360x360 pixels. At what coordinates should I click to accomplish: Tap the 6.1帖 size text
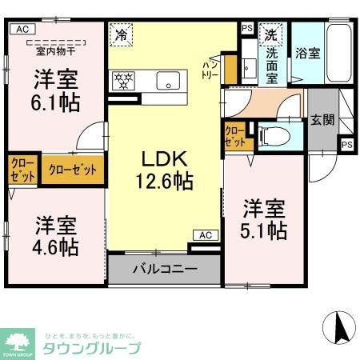55,104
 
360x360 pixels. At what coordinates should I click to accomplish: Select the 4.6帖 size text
55,246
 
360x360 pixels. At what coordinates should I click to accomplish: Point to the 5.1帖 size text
265,230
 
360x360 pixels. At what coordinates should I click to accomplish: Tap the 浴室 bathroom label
307,54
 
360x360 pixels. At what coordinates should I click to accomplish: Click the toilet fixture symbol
270,136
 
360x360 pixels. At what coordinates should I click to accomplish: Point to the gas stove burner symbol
124,80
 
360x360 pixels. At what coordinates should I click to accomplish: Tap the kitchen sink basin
169,80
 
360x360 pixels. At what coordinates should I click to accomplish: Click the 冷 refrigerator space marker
122,35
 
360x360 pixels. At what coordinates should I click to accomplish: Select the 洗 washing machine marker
271,34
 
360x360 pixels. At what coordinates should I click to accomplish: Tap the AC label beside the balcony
203,235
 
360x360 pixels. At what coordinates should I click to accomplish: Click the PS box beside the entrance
346,145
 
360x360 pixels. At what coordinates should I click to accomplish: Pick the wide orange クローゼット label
73,170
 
